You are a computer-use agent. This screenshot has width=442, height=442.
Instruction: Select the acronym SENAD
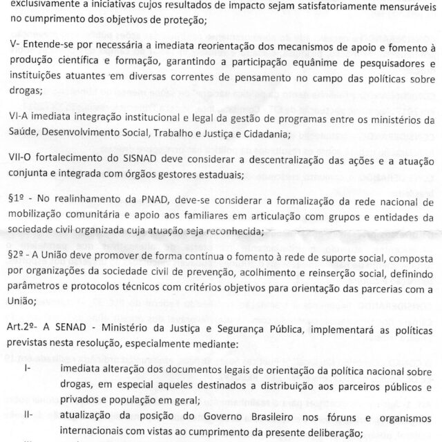pyautogui.click(x=67, y=330)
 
